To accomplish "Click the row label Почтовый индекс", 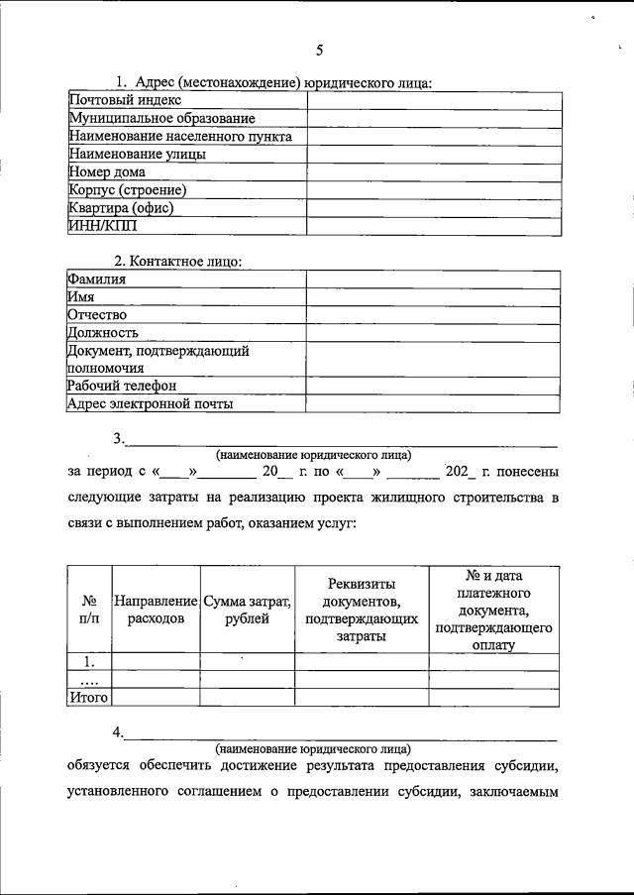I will click(125, 101).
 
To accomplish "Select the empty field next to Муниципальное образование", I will click(434, 119).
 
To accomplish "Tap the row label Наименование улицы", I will click(138, 154).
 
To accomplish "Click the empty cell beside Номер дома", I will click(434, 171).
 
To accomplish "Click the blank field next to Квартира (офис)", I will click(434, 207).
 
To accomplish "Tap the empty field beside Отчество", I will click(434, 315).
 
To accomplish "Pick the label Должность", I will click(103, 333).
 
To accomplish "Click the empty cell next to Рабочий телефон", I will click(434, 386).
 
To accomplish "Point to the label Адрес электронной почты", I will click(151, 403).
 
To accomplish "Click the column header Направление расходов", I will click(156, 610).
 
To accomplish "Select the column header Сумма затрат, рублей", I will click(247, 610).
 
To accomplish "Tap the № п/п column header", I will click(89, 610).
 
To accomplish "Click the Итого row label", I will click(88, 697).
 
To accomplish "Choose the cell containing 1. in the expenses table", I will click(89, 662).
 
